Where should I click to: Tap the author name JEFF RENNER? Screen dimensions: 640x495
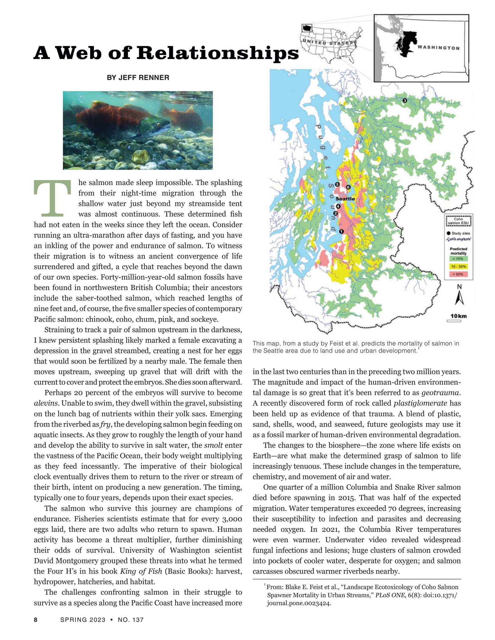point(138,77)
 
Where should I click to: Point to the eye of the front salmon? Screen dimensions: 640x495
point(159,124)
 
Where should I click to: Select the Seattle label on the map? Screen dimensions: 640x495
point(345,199)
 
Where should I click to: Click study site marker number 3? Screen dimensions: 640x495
point(405,101)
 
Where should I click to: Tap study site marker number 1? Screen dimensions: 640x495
point(341,231)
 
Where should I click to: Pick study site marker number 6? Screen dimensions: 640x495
point(348,187)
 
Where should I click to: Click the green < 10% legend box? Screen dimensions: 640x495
point(459,259)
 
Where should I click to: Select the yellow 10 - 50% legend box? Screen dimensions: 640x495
point(459,267)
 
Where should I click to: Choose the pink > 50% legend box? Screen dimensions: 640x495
point(459,274)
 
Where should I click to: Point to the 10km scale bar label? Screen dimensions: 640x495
point(459,316)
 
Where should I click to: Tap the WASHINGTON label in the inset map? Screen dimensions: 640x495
point(438,48)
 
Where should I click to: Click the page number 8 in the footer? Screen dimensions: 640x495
point(36,620)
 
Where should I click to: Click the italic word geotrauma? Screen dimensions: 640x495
point(441,392)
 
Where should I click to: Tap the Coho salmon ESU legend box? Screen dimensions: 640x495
point(458,221)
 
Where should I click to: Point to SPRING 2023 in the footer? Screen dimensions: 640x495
point(83,620)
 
